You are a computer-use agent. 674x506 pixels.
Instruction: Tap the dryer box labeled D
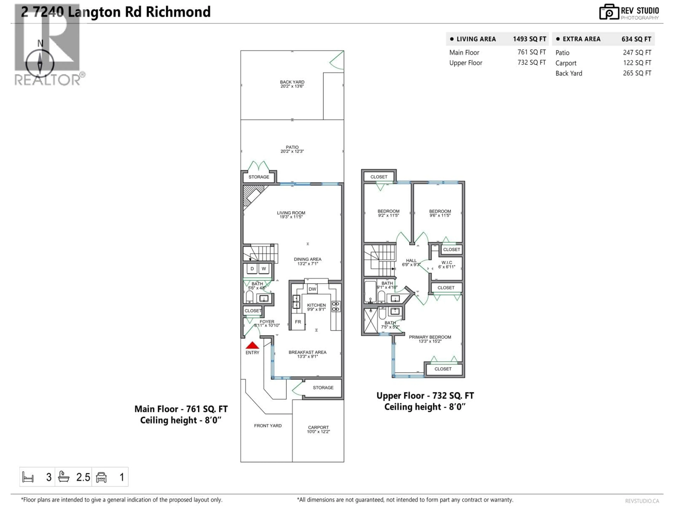tap(252, 269)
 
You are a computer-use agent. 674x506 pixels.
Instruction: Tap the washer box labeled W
tap(264, 269)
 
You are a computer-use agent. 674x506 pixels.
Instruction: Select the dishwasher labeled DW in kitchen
tap(312, 289)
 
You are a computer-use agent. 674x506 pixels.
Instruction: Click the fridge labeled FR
tap(298, 322)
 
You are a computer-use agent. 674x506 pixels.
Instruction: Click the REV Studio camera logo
tap(609, 12)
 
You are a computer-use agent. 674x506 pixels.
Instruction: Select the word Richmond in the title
tap(178, 12)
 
